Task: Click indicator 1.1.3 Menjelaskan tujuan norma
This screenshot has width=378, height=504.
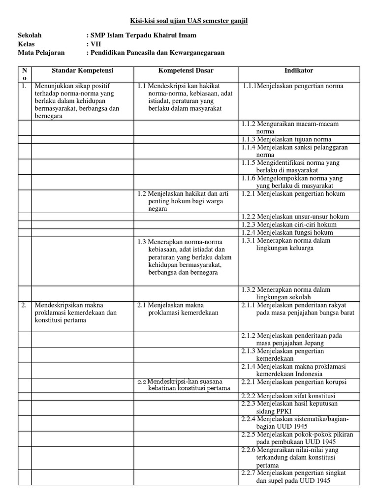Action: pos(286,139)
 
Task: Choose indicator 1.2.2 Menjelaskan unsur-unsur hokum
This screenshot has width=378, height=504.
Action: pos(295,217)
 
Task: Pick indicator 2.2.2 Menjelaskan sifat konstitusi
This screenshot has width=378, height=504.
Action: pos(288,396)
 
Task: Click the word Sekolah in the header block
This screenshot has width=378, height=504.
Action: pos(30,35)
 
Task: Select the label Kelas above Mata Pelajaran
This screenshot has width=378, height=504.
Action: pos(27,44)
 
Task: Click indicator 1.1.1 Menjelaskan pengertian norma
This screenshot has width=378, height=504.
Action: pos(293,86)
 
